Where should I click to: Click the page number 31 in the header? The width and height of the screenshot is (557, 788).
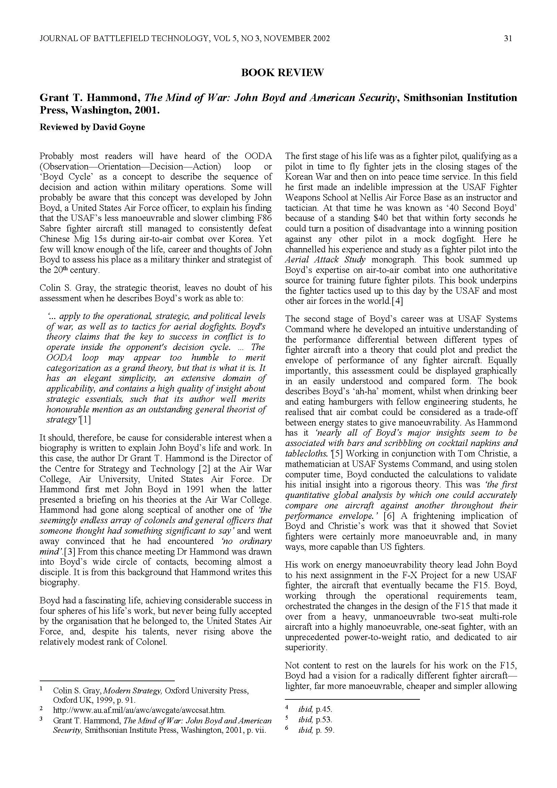pyautogui.click(x=508, y=39)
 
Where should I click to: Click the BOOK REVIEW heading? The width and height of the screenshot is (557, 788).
pyautogui.click(x=282, y=73)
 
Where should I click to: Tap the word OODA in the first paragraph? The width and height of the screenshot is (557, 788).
pyautogui.click(x=258, y=156)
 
